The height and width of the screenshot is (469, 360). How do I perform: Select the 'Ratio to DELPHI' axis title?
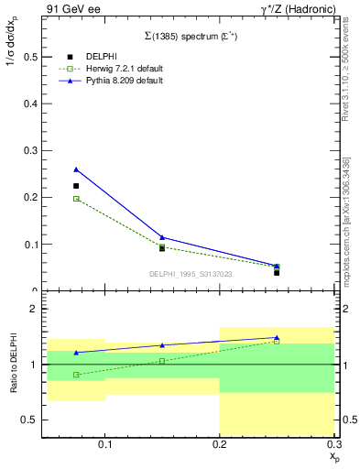[x=14, y=365]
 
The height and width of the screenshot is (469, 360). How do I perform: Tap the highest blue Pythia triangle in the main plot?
[x=76, y=169]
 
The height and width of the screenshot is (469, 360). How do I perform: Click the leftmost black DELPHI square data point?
[x=76, y=186]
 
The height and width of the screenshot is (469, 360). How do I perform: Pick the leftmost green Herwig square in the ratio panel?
[x=76, y=375]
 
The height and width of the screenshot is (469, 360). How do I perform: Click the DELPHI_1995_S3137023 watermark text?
[x=191, y=273]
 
